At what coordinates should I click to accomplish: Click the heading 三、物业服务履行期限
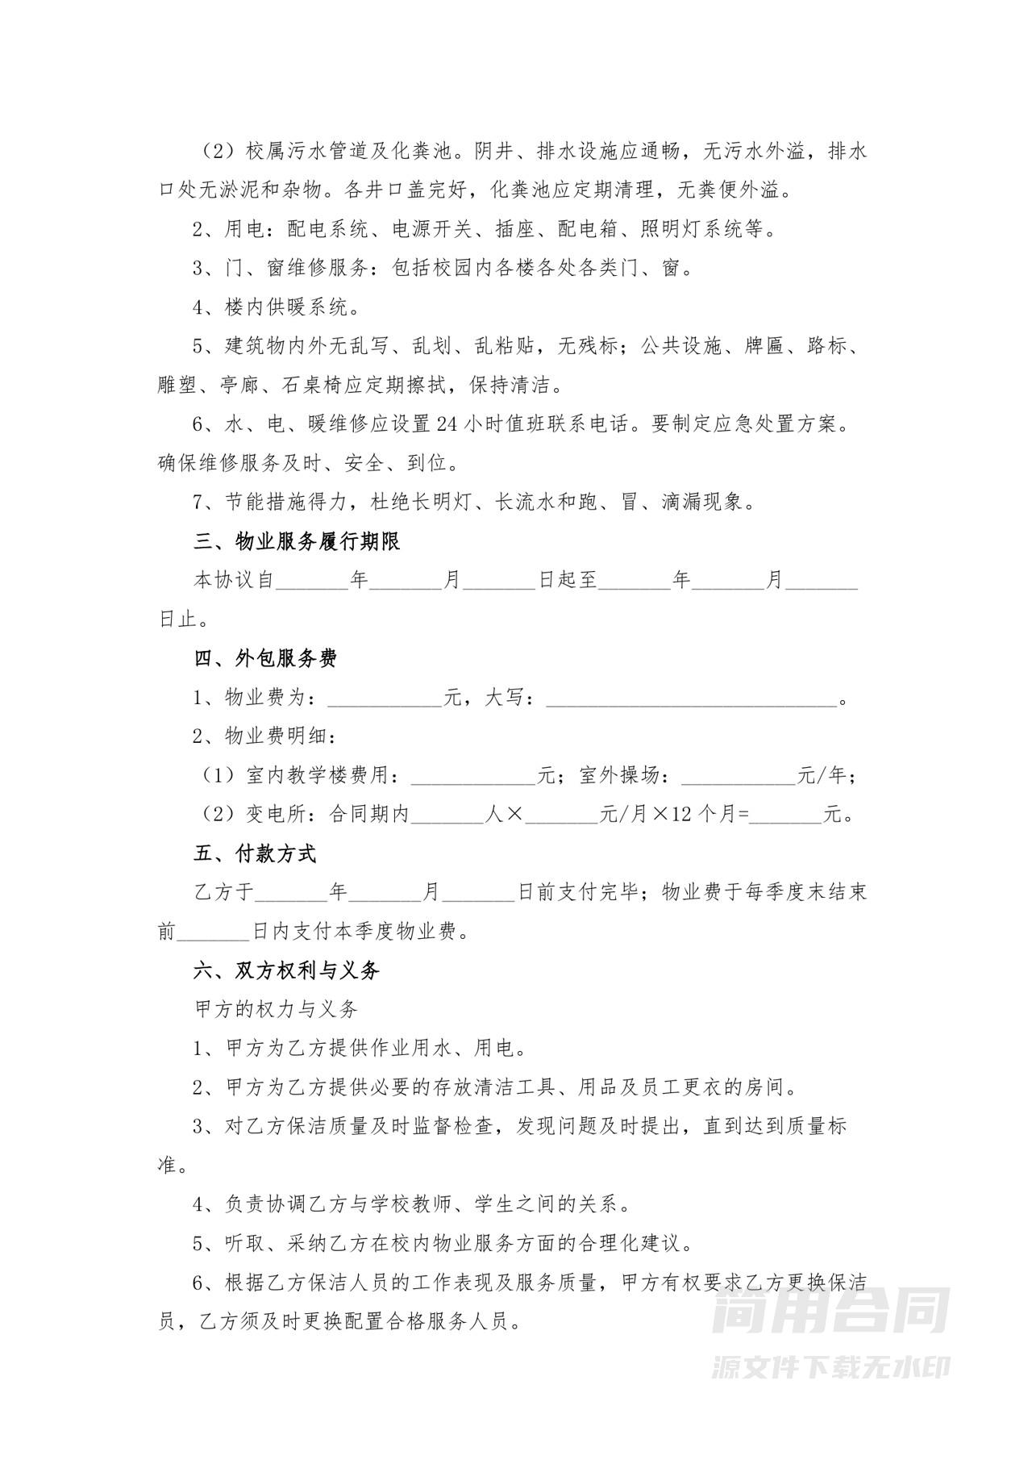[x=297, y=541]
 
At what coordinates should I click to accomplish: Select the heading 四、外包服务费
[x=265, y=658]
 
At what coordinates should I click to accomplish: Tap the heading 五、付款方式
[x=255, y=853]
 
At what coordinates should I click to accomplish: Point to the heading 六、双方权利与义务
[x=286, y=970]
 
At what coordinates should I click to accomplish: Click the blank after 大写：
[x=692, y=699]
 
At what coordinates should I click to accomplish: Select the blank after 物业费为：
[x=385, y=699]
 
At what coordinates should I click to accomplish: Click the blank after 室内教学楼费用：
[x=473, y=776]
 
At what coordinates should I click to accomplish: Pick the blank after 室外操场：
[x=738, y=776]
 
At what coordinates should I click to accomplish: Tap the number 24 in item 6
[x=446, y=424]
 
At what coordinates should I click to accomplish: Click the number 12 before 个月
[x=682, y=815]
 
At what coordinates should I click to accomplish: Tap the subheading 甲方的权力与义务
[x=276, y=1009]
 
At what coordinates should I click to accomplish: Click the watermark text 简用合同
[x=830, y=1310]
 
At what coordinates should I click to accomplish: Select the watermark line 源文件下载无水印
[x=830, y=1366]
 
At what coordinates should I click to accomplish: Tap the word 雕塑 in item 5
[x=177, y=386]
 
